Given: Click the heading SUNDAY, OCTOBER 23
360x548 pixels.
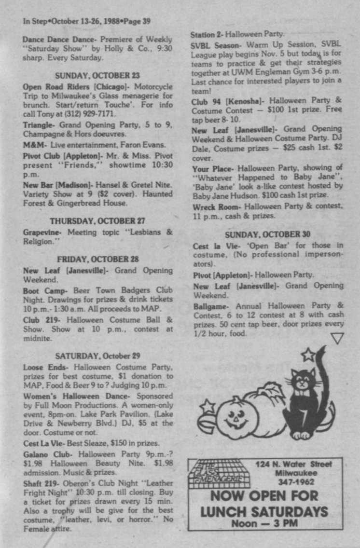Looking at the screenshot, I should click(97, 76).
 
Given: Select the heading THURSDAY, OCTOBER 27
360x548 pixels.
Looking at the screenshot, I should click(97, 221).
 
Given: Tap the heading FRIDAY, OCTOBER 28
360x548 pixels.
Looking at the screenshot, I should click(97, 259).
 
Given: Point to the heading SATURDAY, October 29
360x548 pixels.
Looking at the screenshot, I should click(97, 356).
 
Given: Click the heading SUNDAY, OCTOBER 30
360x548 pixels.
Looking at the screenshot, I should click(267, 234).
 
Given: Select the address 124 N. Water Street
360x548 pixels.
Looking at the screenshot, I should click(294, 465).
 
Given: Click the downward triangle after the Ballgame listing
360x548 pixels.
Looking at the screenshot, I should click(337, 339).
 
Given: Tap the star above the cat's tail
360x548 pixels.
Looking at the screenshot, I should click(308, 355).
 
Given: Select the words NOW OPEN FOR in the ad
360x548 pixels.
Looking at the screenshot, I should click(264, 496).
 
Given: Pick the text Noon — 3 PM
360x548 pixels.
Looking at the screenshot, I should click(264, 523).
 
